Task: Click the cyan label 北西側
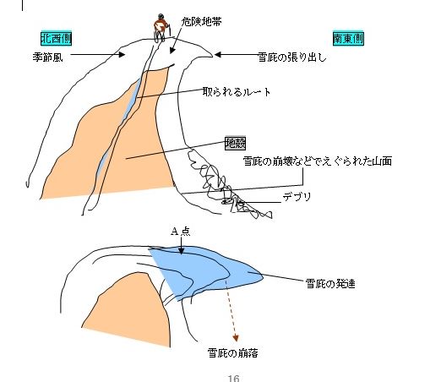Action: click(57, 38)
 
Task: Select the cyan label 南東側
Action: click(348, 38)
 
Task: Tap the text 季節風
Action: click(47, 57)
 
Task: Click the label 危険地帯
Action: click(201, 21)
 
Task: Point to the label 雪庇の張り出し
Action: click(292, 57)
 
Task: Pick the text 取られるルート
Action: click(237, 92)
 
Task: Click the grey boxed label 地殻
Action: click(235, 143)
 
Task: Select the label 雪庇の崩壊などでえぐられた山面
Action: click(318, 161)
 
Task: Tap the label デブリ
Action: click(297, 196)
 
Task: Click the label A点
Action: click(181, 232)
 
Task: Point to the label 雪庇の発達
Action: click(330, 283)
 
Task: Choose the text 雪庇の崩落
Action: click(232, 352)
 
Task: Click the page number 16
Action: click(233, 378)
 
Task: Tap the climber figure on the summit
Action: click(161, 28)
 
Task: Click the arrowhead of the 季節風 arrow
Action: click(121, 54)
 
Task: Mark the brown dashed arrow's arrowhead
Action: click(236, 338)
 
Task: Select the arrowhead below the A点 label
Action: click(182, 251)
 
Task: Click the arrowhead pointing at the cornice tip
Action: click(218, 54)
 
